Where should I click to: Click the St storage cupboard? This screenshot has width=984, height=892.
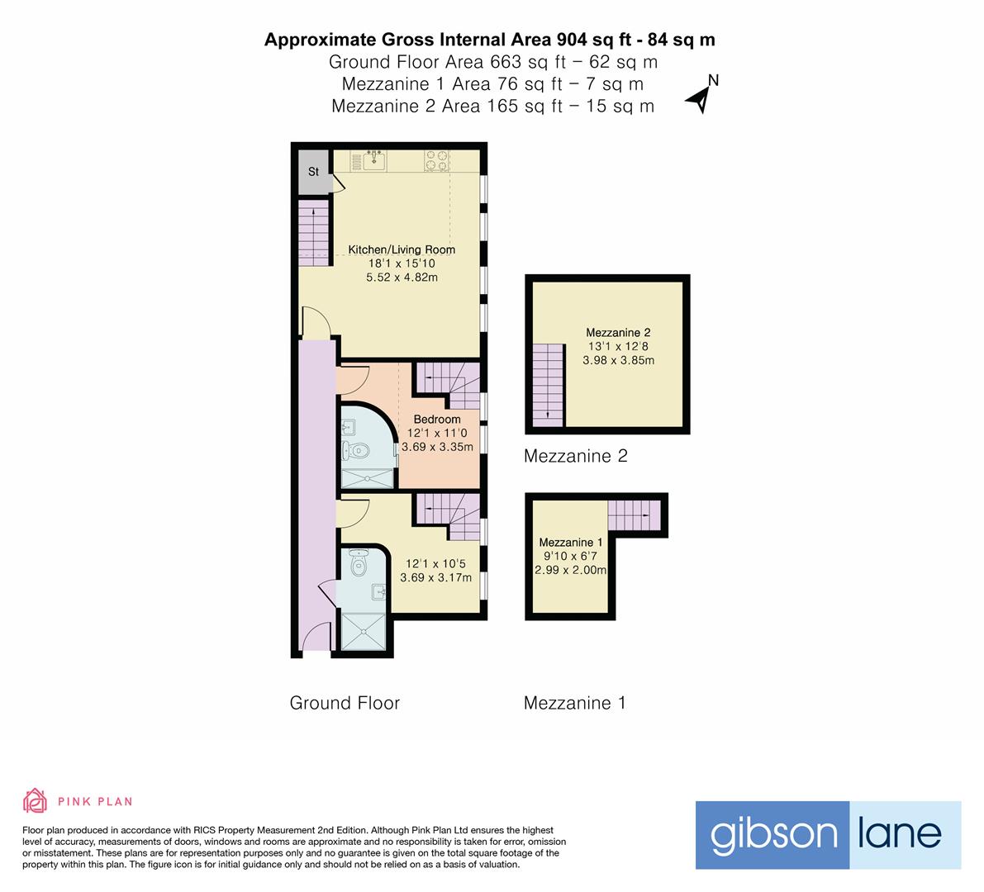pos(313,172)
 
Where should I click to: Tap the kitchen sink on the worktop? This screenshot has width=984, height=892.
pos(372,159)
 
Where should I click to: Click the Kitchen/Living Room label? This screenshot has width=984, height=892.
pos(402,249)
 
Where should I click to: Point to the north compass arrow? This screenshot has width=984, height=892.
pos(702,94)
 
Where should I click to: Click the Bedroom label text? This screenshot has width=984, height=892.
pos(437,419)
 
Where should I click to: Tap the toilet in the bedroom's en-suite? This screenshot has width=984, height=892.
pos(357,451)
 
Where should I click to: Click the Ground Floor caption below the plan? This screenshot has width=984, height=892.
pos(345,703)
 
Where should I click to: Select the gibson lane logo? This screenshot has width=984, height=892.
pos(827,834)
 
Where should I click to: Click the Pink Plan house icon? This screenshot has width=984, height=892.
pos(36,800)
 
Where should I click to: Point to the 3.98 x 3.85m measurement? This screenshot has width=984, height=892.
pos(618,360)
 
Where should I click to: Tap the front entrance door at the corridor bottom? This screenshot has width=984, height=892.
pos(315,641)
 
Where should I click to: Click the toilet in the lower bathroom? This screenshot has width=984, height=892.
pos(358,565)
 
